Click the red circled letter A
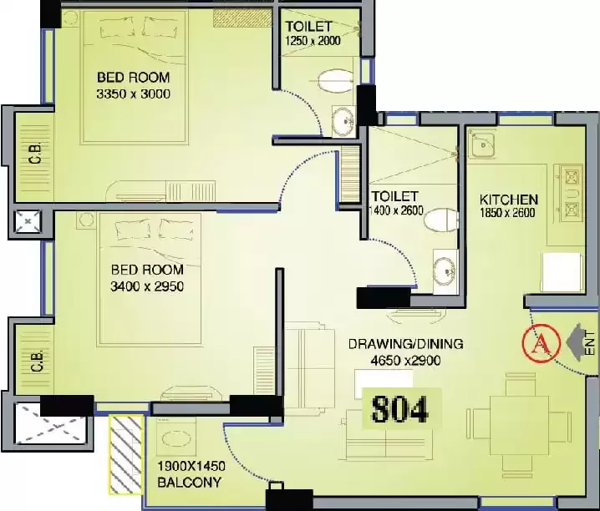click(x=541, y=343)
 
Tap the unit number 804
click(x=399, y=409)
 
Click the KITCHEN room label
click(x=509, y=200)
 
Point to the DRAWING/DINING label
click(x=405, y=344)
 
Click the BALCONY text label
click(x=190, y=483)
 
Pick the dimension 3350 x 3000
click(x=133, y=94)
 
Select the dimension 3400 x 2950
click(x=147, y=286)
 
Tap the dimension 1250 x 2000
click(x=313, y=41)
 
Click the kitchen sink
click(x=483, y=144)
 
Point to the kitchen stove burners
click(x=572, y=194)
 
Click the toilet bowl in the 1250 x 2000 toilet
click(x=336, y=81)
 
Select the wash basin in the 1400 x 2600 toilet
click(x=445, y=270)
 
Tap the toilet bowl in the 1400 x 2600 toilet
click(x=441, y=220)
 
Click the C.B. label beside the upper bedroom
click(x=36, y=154)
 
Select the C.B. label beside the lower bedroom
click(x=37, y=362)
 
